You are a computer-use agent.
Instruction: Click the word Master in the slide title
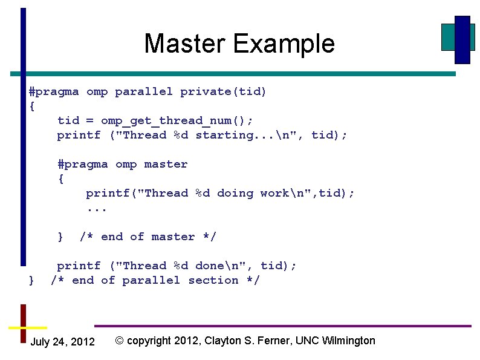point(186,44)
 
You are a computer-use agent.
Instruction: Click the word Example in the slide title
point(284,44)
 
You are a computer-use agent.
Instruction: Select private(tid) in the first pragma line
point(223,91)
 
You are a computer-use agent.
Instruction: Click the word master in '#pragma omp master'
point(166,164)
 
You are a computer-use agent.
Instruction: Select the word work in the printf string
point(274,193)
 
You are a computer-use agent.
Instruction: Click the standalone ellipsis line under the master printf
point(97,208)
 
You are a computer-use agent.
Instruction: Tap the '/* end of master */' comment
point(148,237)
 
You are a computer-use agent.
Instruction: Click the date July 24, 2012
point(62,342)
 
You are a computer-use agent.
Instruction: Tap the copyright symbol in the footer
point(119,341)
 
